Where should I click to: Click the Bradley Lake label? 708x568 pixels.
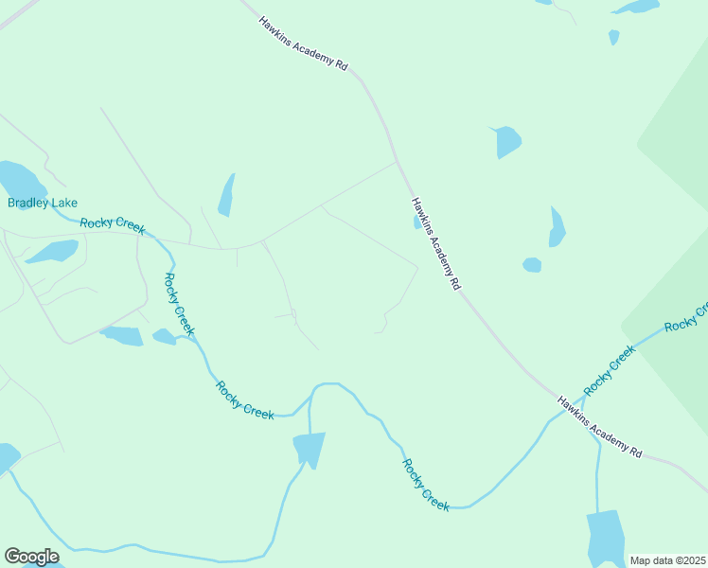click(x=43, y=203)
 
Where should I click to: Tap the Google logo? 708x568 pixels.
click(x=31, y=557)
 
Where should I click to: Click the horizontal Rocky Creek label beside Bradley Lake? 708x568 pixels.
click(x=113, y=223)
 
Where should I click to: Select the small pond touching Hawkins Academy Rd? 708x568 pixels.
click(x=417, y=223)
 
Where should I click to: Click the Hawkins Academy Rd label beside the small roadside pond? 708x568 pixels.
click(x=436, y=243)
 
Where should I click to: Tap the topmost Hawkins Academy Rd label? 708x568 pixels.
click(x=304, y=44)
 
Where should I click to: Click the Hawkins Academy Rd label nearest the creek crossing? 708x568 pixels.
click(x=599, y=427)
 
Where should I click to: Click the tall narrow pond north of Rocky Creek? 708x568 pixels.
click(x=226, y=195)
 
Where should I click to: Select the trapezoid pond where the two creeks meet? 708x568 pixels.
click(x=309, y=448)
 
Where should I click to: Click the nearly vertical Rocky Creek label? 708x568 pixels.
click(x=179, y=304)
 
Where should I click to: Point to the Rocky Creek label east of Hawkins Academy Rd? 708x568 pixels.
click(x=610, y=371)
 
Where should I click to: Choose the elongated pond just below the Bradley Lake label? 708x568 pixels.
click(x=53, y=251)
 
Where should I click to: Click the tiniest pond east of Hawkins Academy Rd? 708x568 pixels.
click(x=614, y=37)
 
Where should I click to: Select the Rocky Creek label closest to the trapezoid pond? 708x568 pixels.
click(x=245, y=399)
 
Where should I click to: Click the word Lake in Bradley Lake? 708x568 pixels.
click(x=65, y=203)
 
